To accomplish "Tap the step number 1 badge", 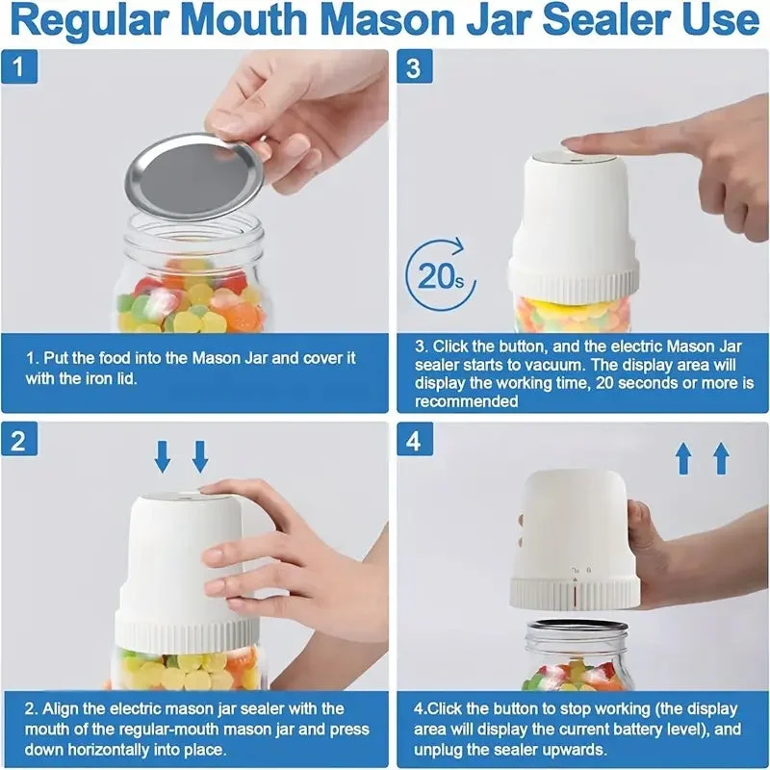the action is (19, 66).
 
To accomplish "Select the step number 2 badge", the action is (19, 440).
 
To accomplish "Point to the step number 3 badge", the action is (415, 66).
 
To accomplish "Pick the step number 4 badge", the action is (415, 440).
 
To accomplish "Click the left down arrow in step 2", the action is (163, 456).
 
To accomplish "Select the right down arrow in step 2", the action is (200, 456).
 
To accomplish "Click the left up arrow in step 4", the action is (684, 458).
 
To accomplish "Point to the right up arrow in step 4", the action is (721, 458).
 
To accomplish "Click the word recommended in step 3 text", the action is (466, 401).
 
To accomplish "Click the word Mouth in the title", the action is (248, 20).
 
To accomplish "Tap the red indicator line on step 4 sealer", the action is (575, 594).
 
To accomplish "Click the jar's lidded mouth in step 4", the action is (577, 632).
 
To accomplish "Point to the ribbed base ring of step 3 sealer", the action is (574, 283).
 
